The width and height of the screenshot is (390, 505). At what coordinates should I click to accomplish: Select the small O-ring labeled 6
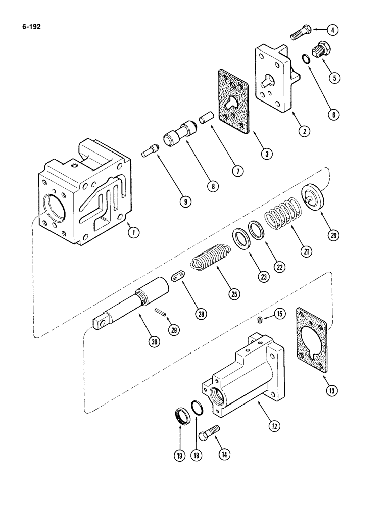[x=306, y=60]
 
